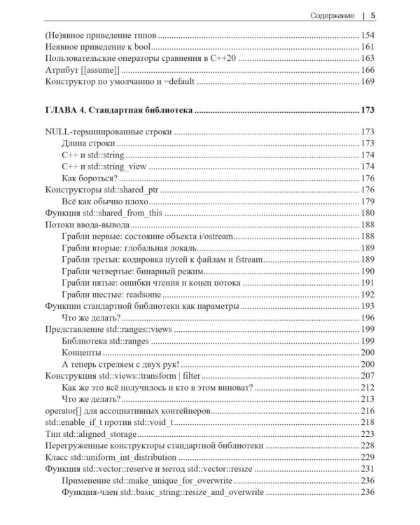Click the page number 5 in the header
point(373,15)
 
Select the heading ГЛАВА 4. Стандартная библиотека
point(118,110)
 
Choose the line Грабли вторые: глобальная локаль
point(139,248)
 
